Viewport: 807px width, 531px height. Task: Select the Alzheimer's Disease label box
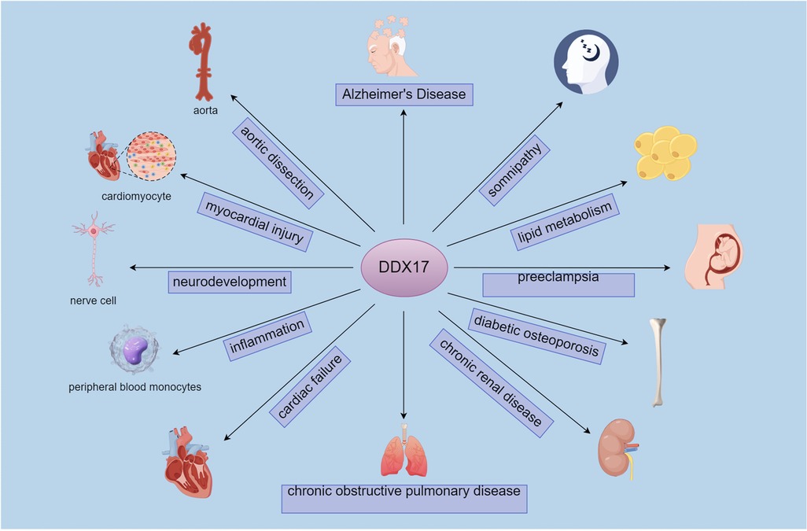pyautogui.click(x=403, y=95)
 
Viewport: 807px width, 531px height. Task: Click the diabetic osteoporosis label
pyautogui.click(x=538, y=334)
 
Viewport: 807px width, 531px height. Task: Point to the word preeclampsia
pyautogui.click(x=558, y=278)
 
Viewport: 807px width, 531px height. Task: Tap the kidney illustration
pyautogui.click(x=617, y=446)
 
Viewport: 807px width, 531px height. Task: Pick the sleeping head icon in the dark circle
pyautogui.click(x=586, y=62)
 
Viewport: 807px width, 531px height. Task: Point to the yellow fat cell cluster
pyautogui.click(x=665, y=152)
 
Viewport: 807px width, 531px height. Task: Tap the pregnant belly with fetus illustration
pyautogui.click(x=716, y=255)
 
